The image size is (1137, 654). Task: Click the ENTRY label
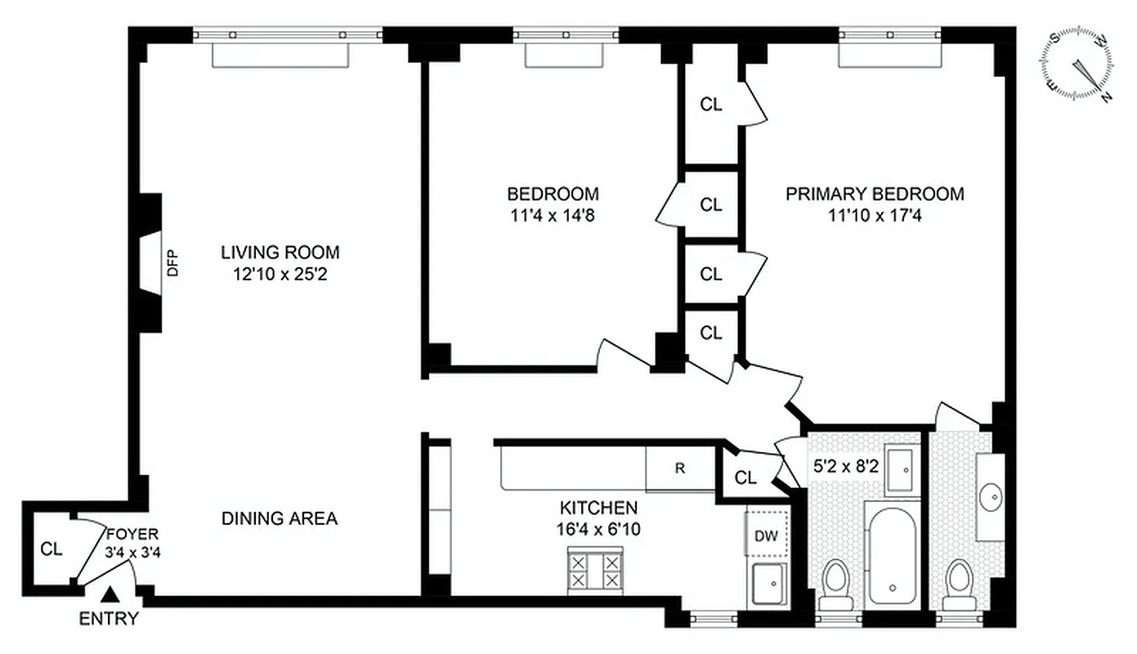pos(109,619)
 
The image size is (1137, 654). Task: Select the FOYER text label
pos(127,535)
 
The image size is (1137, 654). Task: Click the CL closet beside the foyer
pos(51,549)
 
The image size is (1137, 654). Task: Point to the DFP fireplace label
pos(172,263)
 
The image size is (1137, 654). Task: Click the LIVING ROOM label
pos(280,252)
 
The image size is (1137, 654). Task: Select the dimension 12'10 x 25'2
pos(280,275)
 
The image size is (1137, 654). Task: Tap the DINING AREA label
pos(280,518)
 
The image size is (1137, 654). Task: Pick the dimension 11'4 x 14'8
pos(553,216)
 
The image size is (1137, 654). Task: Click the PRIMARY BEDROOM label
pos(875,194)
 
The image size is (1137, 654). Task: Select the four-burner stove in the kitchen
pos(593,569)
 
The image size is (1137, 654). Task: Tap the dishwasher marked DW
pos(766,535)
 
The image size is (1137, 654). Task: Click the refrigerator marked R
pos(679,469)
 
